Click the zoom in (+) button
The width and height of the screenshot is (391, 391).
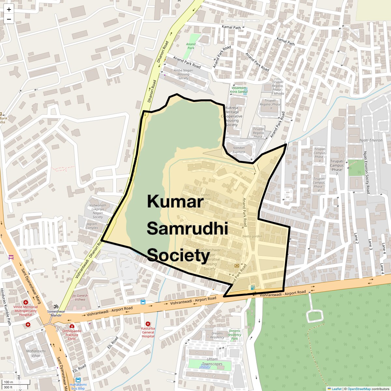(9, 10)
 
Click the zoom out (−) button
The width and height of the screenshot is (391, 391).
(9, 19)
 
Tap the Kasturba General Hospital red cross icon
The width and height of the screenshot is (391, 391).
(148, 324)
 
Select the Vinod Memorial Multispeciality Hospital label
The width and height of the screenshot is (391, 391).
(26, 311)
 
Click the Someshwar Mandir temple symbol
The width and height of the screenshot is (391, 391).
(56, 306)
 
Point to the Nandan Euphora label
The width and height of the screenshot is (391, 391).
(239, 150)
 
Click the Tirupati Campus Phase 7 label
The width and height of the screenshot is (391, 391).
(337, 165)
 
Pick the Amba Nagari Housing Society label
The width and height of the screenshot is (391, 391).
(183, 74)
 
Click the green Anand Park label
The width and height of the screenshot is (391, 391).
(191, 46)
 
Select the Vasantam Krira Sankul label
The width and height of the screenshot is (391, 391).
(239, 90)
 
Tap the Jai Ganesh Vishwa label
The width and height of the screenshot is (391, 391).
(80, 297)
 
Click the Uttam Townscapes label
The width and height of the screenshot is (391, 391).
(212, 361)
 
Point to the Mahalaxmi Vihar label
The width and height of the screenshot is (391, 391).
(36, 353)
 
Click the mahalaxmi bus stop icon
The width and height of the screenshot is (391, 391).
(78, 380)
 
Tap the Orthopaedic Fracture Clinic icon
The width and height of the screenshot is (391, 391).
(72, 326)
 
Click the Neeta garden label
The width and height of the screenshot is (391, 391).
(252, 236)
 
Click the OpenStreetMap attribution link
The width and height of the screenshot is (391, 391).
(359, 389)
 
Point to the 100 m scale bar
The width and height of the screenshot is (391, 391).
(17, 382)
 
